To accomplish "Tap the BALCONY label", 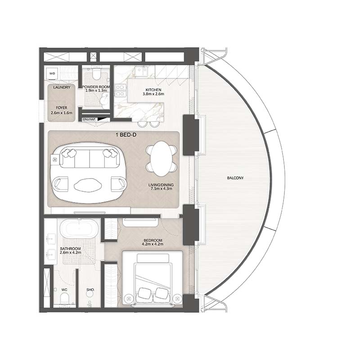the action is point(235,178).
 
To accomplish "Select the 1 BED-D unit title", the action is point(126,135).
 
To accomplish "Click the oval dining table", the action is point(162,159).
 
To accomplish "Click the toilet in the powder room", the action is point(95,72).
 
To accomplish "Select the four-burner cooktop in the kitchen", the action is point(121,90).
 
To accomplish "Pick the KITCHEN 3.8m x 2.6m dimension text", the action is point(153,92).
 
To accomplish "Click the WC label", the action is point(64,290).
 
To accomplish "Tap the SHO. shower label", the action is point(90,290).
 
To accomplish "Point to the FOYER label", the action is point(62,108).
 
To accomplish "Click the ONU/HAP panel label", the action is point(89,119).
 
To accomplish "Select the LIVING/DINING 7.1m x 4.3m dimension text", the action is point(161,187).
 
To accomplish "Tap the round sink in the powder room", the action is point(105,100).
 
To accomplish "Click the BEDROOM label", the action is point(153,240).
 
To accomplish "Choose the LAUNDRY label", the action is point(62,87).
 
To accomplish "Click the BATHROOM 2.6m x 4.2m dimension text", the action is point(70,251).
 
